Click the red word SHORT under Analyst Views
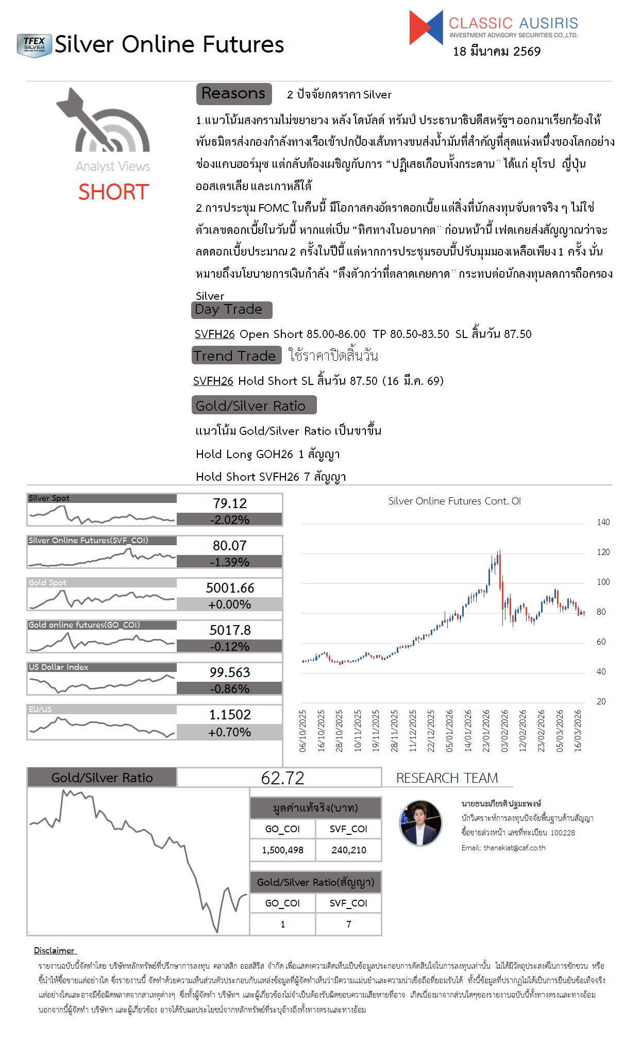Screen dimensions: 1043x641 (113, 192)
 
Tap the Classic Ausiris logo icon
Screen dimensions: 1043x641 (426, 27)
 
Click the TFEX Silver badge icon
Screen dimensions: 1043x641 (34, 45)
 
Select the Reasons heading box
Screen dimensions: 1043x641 (233, 93)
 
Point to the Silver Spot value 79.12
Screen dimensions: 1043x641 (230, 503)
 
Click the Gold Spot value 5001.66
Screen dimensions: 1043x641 (230, 588)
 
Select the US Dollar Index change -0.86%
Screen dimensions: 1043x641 (230, 689)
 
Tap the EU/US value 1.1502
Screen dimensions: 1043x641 (230, 715)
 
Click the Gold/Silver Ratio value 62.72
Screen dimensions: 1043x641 (282, 778)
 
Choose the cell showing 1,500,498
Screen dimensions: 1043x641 (282, 850)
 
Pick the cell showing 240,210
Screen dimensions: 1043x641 (349, 850)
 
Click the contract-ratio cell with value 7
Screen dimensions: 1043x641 (349, 924)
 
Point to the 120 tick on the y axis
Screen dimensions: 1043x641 (603, 552)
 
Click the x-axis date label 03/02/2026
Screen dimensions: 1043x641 (504, 731)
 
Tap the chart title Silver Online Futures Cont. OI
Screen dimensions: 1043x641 (454, 501)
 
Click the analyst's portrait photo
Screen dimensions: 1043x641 (421, 823)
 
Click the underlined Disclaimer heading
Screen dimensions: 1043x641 (55, 950)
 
